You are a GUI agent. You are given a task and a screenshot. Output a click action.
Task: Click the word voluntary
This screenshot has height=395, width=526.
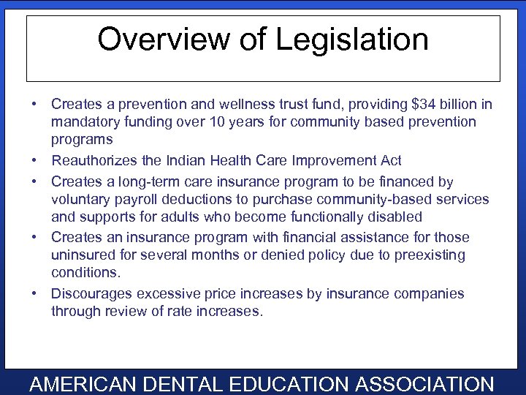pyautogui.click(x=80, y=199)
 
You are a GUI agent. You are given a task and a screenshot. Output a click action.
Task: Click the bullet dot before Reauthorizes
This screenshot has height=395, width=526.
pyautogui.click(x=35, y=160)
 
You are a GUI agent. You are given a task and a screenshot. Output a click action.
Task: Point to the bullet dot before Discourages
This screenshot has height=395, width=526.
pyautogui.click(x=35, y=293)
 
